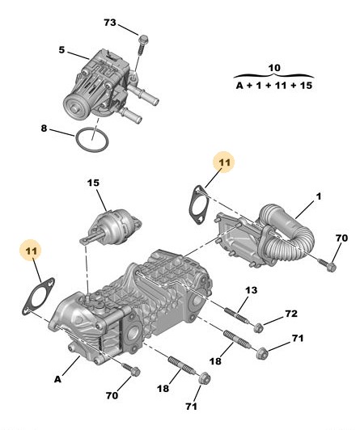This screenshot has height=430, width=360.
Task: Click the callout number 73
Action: (x=110, y=23)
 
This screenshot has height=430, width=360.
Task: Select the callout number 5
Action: (x=61, y=50)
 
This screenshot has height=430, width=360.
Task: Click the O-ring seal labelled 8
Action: (x=92, y=139)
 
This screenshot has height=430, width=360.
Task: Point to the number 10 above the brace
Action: (x=273, y=67)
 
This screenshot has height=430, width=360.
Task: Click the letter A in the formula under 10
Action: (x=239, y=86)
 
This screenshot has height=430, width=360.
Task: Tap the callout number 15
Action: (x=93, y=183)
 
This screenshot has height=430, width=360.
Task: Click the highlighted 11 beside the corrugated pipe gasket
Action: (x=224, y=162)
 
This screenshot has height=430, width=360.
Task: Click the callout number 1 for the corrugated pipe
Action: (x=318, y=196)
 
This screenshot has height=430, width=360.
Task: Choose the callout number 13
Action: (x=251, y=290)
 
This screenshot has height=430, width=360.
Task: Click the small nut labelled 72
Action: (x=258, y=327)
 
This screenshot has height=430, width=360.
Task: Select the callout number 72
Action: (x=291, y=314)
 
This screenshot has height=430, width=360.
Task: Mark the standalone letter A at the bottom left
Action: (x=57, y=380)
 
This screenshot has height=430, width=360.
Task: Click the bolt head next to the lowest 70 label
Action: (x=136, y=372)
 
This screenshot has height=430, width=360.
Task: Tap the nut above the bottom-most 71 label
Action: (x=205, y=379)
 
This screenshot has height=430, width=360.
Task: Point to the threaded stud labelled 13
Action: (x=237, y=316)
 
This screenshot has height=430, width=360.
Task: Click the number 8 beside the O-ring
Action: (x=44, y=129)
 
